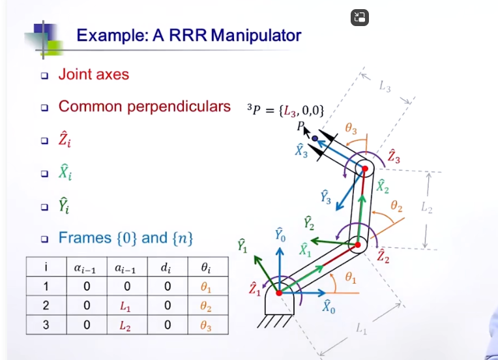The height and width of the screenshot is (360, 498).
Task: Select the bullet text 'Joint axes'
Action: (x=94, y=74)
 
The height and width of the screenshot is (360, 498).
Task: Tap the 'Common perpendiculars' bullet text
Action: (x=144, y=106)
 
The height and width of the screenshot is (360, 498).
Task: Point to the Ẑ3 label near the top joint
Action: (x=394, y=156)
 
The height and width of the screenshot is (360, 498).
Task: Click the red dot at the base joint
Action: (x=279, y=293)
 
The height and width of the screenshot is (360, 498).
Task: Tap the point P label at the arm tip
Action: (x=301, y=125)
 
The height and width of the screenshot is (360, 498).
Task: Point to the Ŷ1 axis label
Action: (x=242, y=247)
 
